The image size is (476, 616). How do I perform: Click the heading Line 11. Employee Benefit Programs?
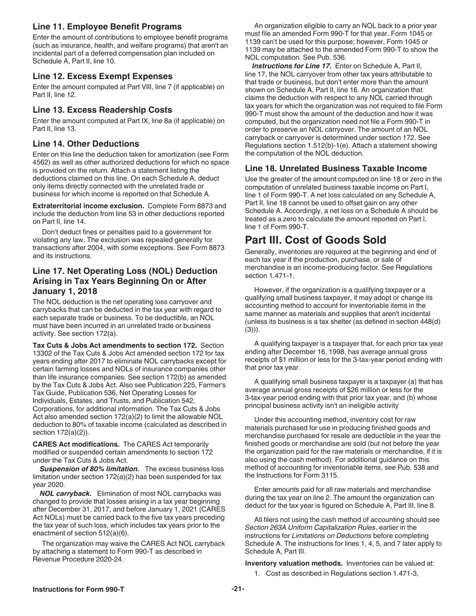(x=107, y=27)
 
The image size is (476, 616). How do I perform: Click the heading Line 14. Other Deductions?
(x=86, y=144)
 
